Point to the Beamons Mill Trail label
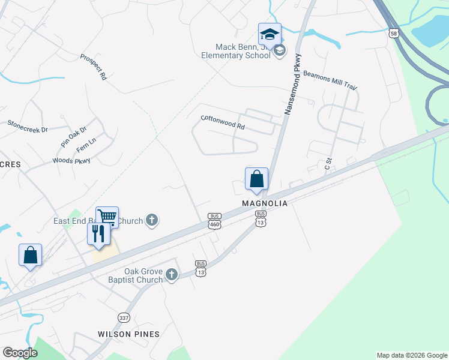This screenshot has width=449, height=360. (330, 82)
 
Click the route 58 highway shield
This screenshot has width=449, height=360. (393, 34)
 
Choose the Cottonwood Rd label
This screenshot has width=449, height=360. (223, 122)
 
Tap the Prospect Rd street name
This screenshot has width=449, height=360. (94, 67)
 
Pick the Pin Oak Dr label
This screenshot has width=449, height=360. (73, 137)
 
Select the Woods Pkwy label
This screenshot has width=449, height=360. (71, 160)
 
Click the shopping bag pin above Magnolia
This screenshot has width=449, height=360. (256, 179)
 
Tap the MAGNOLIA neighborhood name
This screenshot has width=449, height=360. (265, 204)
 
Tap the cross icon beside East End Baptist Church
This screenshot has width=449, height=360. (152, 221)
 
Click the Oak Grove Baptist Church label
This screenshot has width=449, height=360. (143, 275)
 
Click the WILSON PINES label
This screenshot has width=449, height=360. (129, 334)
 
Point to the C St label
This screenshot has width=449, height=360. (328, 163)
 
